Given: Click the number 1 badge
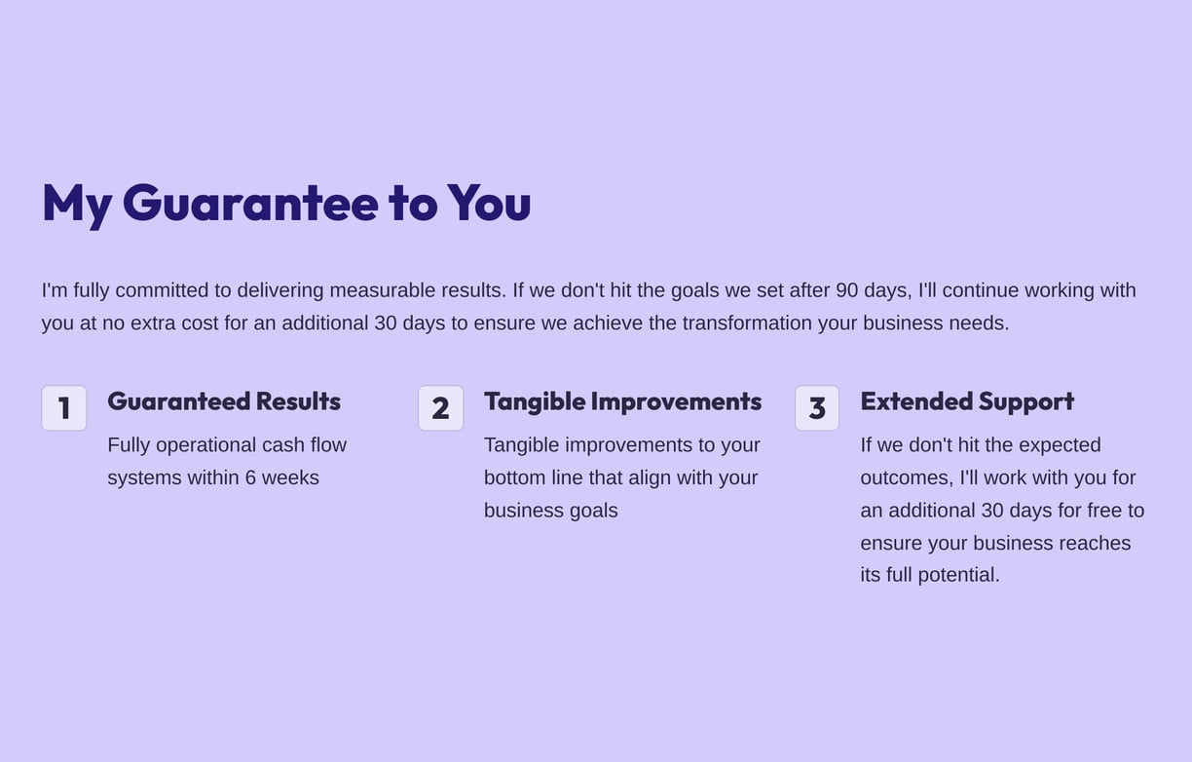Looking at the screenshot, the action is coord(64,408).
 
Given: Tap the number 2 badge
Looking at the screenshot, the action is coord(440,408).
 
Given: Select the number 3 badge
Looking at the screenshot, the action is coord(817,408).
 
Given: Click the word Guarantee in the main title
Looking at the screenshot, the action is coord(250,203).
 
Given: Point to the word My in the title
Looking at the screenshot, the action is coord(77,206).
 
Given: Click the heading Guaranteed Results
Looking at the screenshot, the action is coord(224,401).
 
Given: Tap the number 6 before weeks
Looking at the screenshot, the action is coord(250,477).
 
